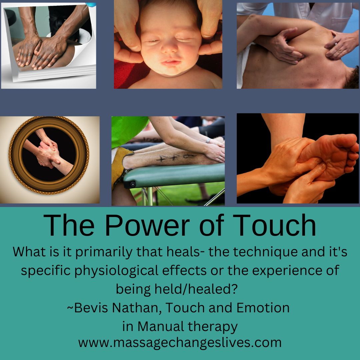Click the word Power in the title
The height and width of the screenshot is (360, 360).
[147, 225]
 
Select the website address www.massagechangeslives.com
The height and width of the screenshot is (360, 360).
[180, 343]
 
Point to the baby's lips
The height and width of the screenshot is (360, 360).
[171, 62]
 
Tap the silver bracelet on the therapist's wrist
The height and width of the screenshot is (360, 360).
[208, 140]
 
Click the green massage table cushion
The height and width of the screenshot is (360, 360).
[174, 176]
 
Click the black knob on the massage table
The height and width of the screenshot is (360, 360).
[132, 184]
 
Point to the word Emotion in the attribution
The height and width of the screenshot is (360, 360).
[263, 308]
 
